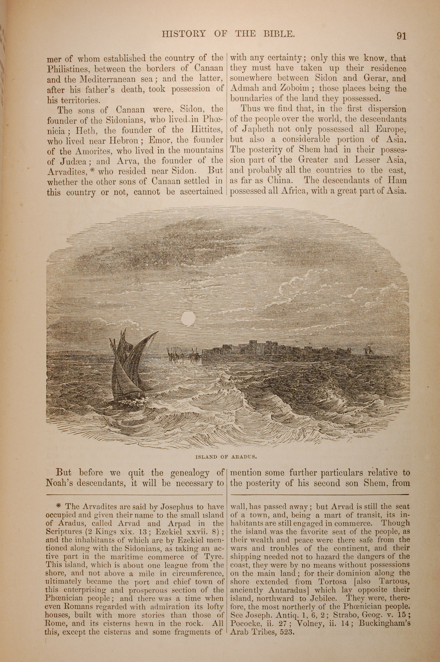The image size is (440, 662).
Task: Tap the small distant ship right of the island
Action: [368, 351]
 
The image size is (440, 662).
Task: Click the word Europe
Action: [391, 130]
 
